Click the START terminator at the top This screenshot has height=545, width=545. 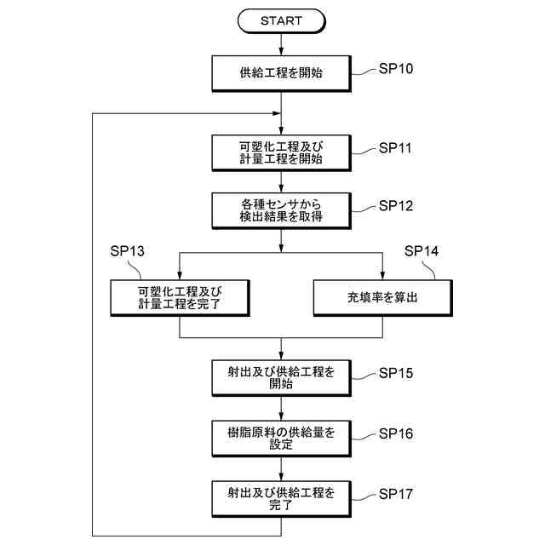point(281,21)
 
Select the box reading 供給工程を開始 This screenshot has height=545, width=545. point(281,73)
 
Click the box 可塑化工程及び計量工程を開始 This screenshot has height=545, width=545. point(281,152)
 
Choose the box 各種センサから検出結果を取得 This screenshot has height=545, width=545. point(281,209)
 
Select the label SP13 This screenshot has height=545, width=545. point(128,251)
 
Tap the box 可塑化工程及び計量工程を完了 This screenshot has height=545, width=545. point(179,298)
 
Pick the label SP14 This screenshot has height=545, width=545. point(422,251)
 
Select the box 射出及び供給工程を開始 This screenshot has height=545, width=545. point(281,377)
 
